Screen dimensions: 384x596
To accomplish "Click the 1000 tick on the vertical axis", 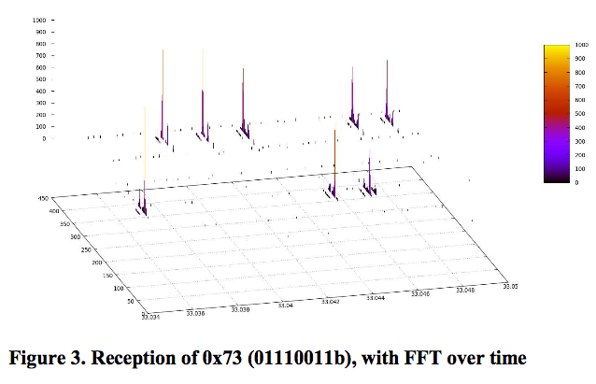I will click(x=39, y=20).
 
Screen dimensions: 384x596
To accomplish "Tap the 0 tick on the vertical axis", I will click(x=43, y=138).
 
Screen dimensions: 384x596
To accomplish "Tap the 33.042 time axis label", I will click(x=332, y=301).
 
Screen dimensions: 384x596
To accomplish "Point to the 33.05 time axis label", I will click(x=511, y=285).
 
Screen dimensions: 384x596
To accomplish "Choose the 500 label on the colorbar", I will click(x=580, y=114).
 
